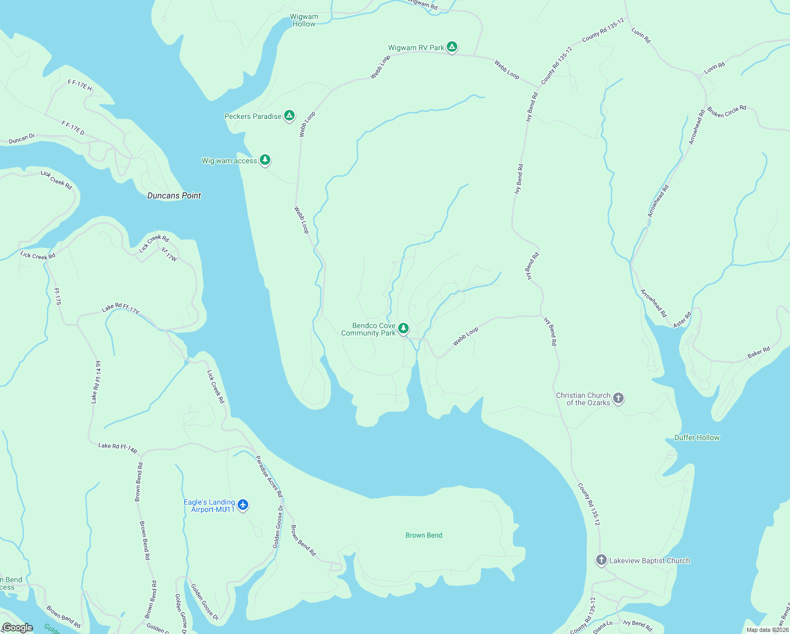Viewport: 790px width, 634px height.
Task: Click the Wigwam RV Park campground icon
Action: point(452,47)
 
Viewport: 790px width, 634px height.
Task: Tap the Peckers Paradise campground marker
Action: point(289,116)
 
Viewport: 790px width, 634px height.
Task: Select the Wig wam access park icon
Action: point(265,160)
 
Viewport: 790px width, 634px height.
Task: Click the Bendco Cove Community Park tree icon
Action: point(403,329)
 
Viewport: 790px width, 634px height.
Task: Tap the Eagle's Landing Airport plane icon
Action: point(243,505)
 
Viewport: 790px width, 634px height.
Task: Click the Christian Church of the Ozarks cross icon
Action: point(618,398)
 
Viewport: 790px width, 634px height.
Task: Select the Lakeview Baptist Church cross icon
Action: point(601,560)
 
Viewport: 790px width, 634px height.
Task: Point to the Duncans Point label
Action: point(174,195)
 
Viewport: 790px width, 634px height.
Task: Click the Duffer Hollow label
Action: point(697,437)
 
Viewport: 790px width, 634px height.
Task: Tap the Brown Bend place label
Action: point(424,535)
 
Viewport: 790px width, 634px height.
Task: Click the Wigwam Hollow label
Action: point(304,20)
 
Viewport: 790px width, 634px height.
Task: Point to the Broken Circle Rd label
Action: point(727,111)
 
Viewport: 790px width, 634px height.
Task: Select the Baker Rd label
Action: point(758,352)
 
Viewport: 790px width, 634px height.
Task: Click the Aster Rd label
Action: point(682,321)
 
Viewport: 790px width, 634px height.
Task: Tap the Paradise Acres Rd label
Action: point(269,476)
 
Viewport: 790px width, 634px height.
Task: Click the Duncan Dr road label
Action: point(22,139)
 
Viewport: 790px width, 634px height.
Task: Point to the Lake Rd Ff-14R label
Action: point(117,449)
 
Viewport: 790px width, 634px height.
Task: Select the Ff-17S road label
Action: point(58,296)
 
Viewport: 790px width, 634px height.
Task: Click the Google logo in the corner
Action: point(18,628)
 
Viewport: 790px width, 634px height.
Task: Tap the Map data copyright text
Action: point(766,630)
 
